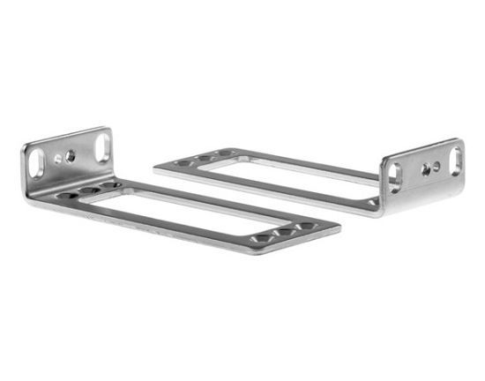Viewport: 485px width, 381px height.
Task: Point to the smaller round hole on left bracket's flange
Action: (x=58, y=160)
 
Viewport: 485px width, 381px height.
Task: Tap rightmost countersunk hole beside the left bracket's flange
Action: (x=108, y=184)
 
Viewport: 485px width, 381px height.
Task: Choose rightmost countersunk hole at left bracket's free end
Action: (x=304, y=227)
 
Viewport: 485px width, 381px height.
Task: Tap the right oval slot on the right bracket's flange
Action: (x=456, y=158)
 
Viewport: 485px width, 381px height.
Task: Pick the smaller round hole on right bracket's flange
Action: (x=436, y=165)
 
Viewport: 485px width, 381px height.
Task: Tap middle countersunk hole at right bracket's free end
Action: (x=205, y=159)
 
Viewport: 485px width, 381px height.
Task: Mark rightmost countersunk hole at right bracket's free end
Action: (x=226, y=154)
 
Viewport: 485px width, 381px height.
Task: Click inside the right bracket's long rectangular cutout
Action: (x=300, y=175)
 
